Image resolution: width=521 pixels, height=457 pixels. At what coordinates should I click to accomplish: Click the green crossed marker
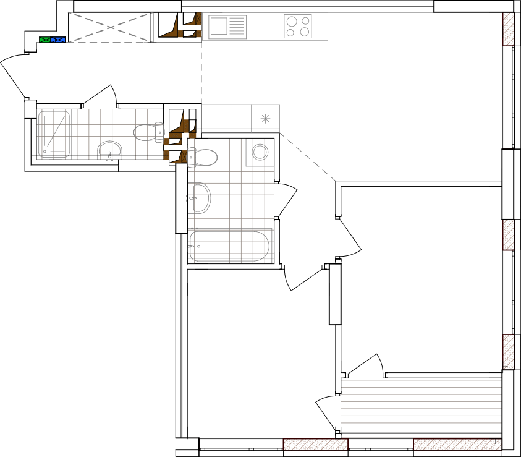pos(44,40)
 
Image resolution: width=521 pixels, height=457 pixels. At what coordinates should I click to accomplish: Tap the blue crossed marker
pos(58,40)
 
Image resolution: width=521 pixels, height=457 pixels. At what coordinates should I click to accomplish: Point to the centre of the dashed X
pos(111,27)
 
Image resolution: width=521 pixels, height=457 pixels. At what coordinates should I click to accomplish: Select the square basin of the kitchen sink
pos(218,27)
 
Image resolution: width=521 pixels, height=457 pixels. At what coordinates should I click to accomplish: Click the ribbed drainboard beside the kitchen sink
pos(237,27)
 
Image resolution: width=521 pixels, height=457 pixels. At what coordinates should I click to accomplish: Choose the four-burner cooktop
pos(298,27)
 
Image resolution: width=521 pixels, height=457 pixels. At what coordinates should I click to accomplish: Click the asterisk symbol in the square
pos(265,118)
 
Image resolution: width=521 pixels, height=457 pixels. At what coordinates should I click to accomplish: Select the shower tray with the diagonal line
pos(54,134)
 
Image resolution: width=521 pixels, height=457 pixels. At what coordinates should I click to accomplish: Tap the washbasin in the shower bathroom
pos(110,150)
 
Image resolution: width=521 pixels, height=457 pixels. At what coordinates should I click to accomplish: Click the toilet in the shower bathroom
pos(148,132)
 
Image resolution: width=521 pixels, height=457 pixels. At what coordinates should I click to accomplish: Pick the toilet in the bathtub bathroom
pos(203,158)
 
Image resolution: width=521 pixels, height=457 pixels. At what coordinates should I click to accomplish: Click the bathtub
pos(229,246)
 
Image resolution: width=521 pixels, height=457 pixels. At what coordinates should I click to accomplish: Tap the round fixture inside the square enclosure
pos(260,152)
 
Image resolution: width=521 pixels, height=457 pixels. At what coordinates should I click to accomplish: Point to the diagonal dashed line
pos(308,157)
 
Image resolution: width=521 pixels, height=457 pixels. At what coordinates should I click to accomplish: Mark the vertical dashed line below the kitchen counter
pos(201,73)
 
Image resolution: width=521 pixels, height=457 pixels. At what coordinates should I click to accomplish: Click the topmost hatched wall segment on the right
pos(509,29)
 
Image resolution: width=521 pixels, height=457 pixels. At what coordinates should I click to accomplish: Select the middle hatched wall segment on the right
pos(509,235)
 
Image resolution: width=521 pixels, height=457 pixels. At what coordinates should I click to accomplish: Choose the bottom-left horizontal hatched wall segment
pos(315,445)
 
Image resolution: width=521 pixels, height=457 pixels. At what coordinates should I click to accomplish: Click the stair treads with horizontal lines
pos(421,408)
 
